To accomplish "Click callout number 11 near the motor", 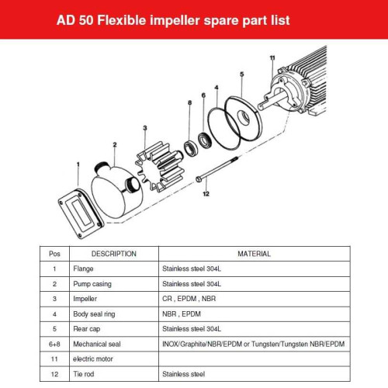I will [272, 58].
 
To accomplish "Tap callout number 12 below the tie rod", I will [206, 194].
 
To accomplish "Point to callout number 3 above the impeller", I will [144, 127].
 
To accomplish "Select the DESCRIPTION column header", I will [114, 254].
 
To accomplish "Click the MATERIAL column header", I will [254, 254].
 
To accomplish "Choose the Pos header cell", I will [54, 254].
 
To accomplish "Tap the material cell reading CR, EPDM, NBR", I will [189, 298].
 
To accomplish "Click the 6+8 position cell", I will [54, 343].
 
